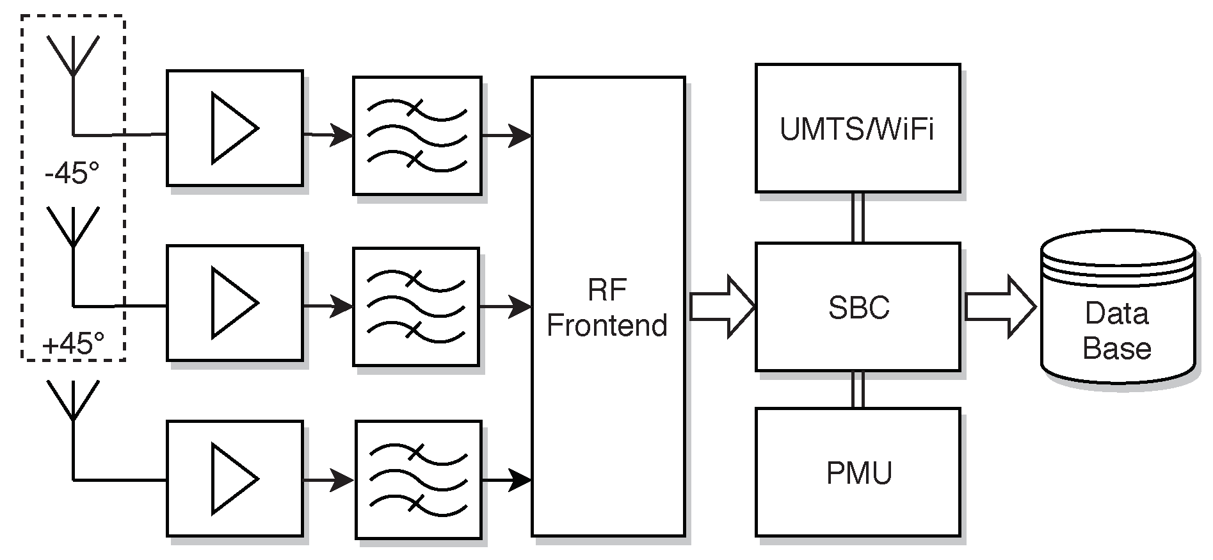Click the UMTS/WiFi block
[x=857, y=128]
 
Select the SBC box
[x=857, y=307]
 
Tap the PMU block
[x=857, y=473]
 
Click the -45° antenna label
[x=72, y=172]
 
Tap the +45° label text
[x=72, y=345]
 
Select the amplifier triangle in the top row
[x=234, y=128]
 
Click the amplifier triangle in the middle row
[x=234, y=302]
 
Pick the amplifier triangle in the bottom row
[x=234, y=479]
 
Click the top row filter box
[x=417, y=136]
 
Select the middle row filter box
[x=415, y=307]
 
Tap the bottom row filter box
[x=419, y=479]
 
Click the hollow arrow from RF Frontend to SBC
[x=722, y=307]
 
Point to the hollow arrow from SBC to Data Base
[x=999, y=307]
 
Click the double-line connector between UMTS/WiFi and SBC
[x=858, y=217]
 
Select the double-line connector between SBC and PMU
[x=858, y=390]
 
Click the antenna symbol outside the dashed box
[x=74, y=401]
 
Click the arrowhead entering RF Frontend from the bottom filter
[x=520, y=479]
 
